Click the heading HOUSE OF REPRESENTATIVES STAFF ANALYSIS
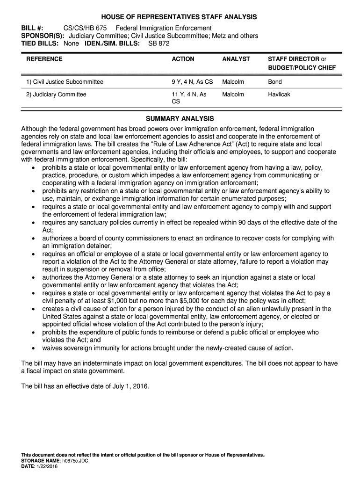[x=180, y=17]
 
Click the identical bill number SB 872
[x=159, y=44]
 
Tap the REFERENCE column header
[x=44, y=59]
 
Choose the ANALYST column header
[x=236, y=59]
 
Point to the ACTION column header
[x=183, y=59]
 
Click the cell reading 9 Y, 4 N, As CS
[x=192, y=82]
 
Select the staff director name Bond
[x=274, y=82]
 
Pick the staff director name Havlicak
[x=279, y=94]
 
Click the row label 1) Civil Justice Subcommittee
[x=65, y=82]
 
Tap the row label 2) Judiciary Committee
[x=56, y=94]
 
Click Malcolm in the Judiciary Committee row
[x=233, y=94]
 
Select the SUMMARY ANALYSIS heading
[x=180, y=119]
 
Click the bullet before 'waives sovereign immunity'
[x=33, y=348]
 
